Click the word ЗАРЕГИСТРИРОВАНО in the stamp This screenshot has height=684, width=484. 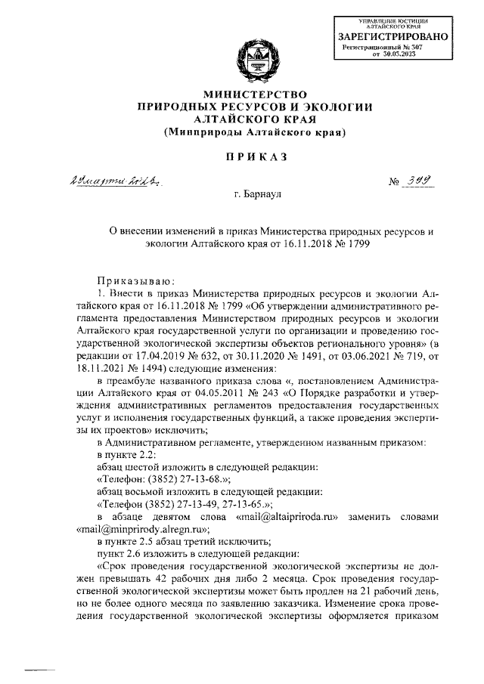pyautogui.click(x=392, y=36)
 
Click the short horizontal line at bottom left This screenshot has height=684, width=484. pyautogui.click(x=42, y=669)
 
